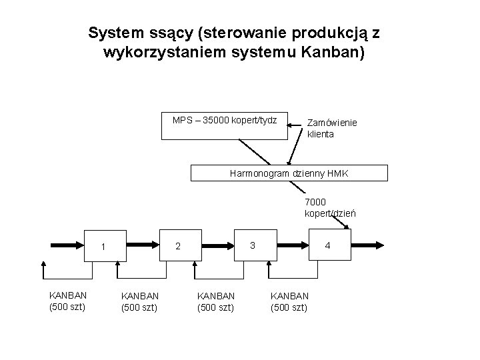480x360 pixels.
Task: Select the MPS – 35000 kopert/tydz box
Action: click(224, 125)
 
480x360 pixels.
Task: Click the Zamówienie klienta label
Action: click(332, 129)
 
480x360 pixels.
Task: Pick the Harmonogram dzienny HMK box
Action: click(289, 173)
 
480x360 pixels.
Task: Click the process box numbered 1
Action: click(103, 247)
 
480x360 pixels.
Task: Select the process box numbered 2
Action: click(177, 246)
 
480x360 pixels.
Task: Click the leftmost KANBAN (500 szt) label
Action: click(67, 301)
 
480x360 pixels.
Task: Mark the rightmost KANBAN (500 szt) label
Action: click(289, 301)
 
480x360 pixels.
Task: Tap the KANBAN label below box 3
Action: click(215, 301)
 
